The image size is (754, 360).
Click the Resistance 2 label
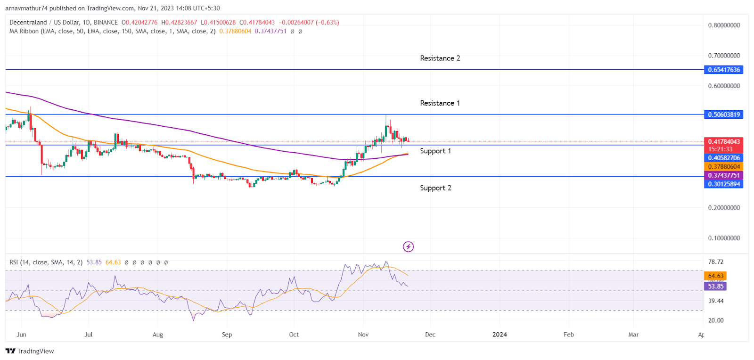point(440,58)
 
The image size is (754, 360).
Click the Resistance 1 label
point(440,103)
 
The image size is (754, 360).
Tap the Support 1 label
point(435,151)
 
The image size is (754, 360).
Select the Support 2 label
point(435,188)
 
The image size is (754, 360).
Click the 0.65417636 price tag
point(723,70)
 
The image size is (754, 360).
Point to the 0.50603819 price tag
point(723,115)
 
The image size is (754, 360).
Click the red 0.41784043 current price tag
point(723,141)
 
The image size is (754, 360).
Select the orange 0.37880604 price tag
point(723,166)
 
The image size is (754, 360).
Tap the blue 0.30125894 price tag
point(723,184)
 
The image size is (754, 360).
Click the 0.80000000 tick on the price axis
point(724,25)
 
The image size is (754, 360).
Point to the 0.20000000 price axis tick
point(724,207)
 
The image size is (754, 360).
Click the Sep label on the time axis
point(227,335)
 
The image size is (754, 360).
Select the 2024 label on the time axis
point(500,335)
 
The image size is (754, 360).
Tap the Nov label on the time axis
point(363,335)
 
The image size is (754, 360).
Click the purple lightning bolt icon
point(408,246)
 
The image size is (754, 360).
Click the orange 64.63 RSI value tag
point(715,276)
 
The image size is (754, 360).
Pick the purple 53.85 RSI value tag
point(715,286)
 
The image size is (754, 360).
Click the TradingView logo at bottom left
point(30,351)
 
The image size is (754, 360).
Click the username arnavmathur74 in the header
point(26,8)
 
